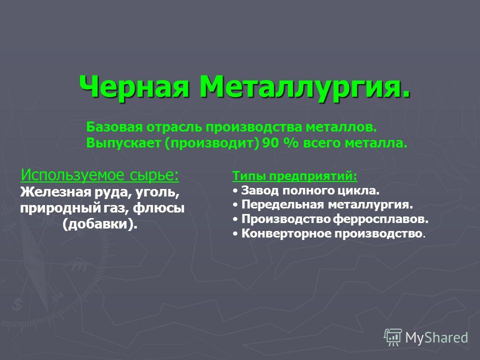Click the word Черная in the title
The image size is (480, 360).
coord(133,86)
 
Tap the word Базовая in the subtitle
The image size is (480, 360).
coord(114,126)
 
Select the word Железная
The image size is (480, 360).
coord(55,192)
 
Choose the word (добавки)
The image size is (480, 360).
coord(100,224)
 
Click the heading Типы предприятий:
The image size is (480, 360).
coord(295,176)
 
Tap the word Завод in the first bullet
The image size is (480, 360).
coord(260,190)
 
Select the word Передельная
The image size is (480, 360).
coord(282,204)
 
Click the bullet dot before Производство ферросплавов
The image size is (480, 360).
coord(235,219)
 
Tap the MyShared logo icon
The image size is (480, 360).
coord(393,337)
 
